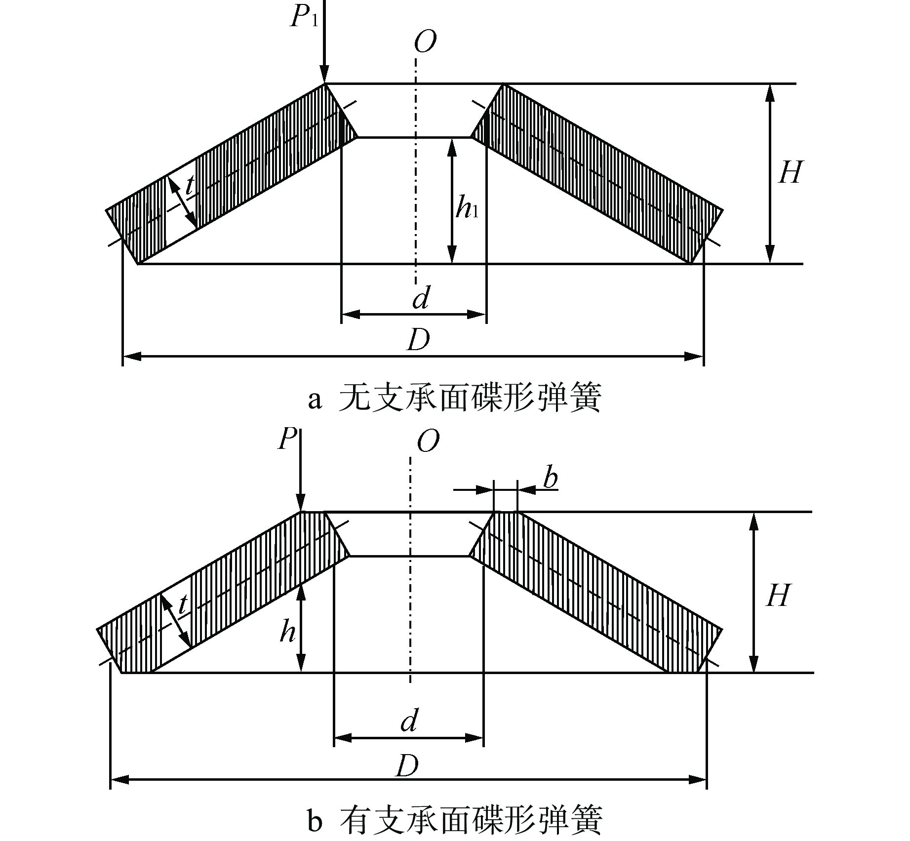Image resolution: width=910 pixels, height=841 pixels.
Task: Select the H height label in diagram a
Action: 790,172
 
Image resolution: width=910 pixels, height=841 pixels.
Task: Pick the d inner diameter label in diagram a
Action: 421,298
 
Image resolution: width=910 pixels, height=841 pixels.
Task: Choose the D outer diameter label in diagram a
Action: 418,340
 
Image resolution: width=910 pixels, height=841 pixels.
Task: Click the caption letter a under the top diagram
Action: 315,400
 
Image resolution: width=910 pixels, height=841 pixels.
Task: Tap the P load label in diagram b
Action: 287,439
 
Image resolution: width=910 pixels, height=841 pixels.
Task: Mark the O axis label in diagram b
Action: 428,441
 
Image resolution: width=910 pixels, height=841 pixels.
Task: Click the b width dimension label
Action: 550,478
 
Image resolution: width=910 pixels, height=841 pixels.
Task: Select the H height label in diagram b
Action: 778,596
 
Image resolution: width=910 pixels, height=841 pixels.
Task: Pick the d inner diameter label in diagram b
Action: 409,721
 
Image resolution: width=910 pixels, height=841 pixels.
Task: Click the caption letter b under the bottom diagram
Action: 315,822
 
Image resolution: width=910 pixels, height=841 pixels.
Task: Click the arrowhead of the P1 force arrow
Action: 324,77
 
